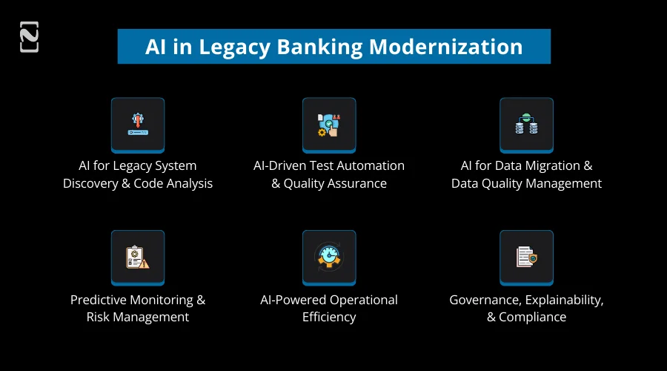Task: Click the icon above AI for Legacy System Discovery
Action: tap(138, 125)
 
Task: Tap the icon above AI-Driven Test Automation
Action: tap(329, 125)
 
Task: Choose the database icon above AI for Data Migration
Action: tap(526, 125)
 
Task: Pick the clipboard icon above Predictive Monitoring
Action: tap(138, 257)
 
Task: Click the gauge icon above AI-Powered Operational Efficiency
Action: tap(329, 257)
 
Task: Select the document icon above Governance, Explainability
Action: tap(526, 257)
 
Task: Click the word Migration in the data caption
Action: tap(544, 165)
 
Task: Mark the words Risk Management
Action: tap(138, 318)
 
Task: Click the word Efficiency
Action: tap(329, 318)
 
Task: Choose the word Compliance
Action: tap(533, 318)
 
